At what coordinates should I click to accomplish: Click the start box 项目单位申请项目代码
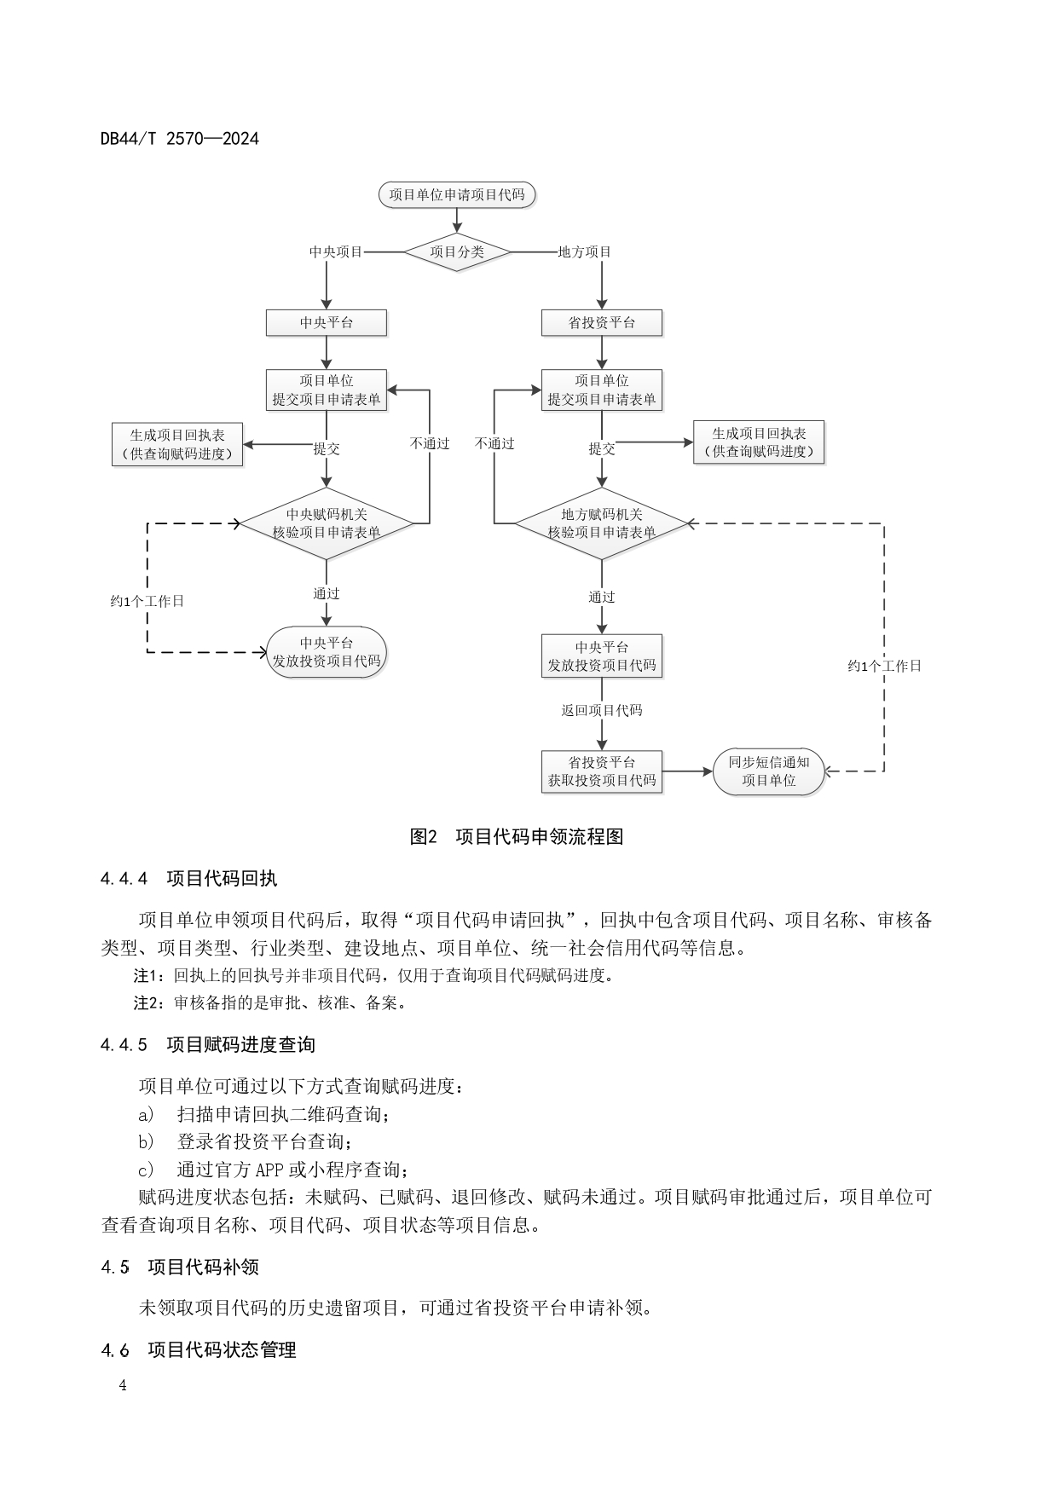tap(457, 194)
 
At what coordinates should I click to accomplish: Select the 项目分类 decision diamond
tap(457, 251)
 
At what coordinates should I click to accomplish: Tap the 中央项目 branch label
tap(336, 251)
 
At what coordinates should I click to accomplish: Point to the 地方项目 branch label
tap(585, 251)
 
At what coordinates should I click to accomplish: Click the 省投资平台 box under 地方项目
tap(602, 323)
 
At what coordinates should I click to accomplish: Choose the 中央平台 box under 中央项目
tap(327, 323)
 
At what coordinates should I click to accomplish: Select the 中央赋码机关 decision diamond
tap(327, 523)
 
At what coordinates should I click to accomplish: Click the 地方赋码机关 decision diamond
tap(602, 523)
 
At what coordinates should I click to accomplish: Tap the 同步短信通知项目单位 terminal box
tap(768, 771)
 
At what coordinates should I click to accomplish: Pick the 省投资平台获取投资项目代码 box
tap(602, 771)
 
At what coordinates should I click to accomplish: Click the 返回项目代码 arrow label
tap(602, 710)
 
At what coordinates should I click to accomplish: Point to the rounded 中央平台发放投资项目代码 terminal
tap(327, 652)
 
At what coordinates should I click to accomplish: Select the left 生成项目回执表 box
tap(177, 444)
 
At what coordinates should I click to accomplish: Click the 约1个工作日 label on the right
tap(884, 666)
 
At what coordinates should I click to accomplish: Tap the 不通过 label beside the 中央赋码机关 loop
tap(430, 443)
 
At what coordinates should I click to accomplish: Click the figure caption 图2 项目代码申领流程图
tap(517, 836)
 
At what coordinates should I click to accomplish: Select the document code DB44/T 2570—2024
tap(179, 138)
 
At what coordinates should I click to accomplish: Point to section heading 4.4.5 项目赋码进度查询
tap(208, 1044)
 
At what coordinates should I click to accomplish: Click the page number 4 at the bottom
tap(123, 1385)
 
